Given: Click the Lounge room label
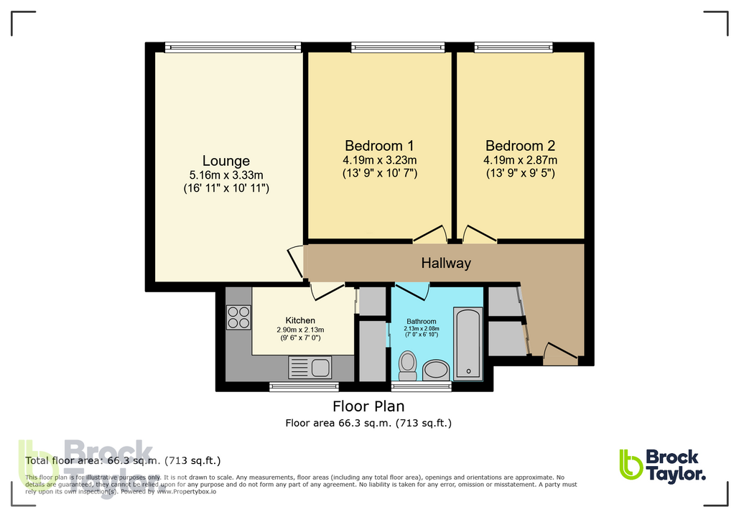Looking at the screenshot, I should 226,161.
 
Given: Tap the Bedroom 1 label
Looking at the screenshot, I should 381,145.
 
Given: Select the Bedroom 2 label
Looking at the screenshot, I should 521,145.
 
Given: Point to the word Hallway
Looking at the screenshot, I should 446,263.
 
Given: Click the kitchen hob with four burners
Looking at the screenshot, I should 239,317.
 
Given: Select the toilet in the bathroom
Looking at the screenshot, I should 408,365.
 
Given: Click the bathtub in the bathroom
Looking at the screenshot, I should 468,343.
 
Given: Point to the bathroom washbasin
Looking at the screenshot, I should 435,371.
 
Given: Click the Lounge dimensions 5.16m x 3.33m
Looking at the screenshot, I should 226,175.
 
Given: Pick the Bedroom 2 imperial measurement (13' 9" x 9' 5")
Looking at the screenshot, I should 521,173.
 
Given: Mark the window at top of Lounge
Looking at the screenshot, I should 233,47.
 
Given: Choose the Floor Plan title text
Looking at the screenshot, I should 368,406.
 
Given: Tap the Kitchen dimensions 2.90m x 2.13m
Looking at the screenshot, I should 299,330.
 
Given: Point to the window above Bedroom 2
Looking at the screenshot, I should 518,47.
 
